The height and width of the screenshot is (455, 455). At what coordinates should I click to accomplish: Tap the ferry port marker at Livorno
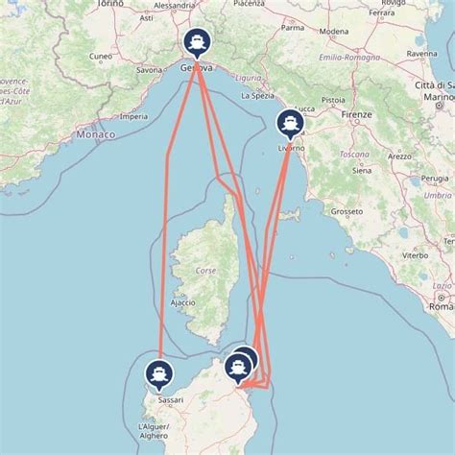tap(288, 123)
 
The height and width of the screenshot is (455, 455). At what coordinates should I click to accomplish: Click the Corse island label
tap(205, 271)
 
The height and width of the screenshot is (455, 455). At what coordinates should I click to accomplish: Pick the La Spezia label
tap(258, 96)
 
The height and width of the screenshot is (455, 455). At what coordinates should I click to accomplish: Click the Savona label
tap(149, 70)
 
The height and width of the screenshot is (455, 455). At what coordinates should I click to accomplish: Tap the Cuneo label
tap(100, 57)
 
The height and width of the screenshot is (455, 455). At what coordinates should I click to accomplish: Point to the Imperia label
tap(134, 117)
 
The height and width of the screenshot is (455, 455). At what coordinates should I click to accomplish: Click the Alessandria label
tap(174, 5)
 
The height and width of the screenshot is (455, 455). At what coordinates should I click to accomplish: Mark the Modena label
tap(334, 32)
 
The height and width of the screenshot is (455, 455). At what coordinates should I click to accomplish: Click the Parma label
tap(294, 27)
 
